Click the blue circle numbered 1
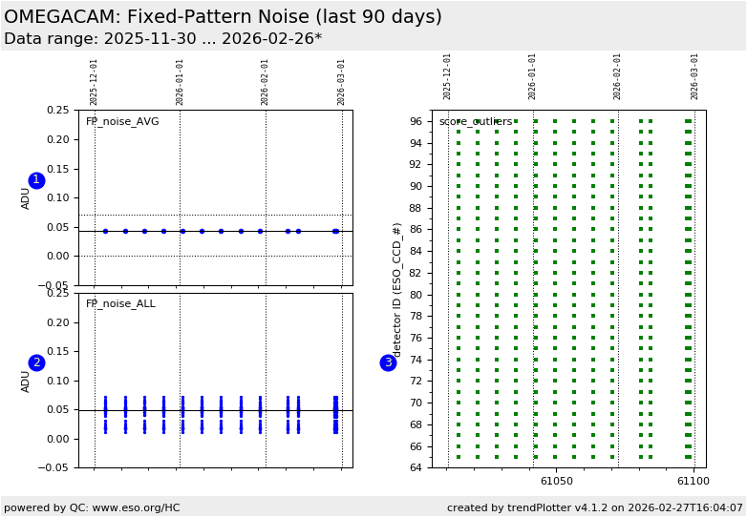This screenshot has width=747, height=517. (x=36, y=180)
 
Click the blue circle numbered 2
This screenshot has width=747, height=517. (x=36, y=362)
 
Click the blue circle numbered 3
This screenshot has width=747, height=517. (x=388, y=362)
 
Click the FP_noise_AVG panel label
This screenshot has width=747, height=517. (x=122, y=122)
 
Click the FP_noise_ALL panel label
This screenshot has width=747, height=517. (x=120, y=304)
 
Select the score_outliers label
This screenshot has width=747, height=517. (x=475, y=122)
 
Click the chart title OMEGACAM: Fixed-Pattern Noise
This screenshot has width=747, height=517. (x=223, y=17)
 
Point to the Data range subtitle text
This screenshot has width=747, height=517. (x=162, y=39)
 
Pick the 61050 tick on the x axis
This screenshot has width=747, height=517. (x=557, y=482)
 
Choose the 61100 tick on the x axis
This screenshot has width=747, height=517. (x=693, y=482)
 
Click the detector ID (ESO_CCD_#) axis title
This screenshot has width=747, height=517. (x=397, y=289)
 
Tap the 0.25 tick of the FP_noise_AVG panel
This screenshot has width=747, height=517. (x=57, y=110)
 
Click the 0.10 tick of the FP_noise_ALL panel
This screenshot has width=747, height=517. (x=57, y=381)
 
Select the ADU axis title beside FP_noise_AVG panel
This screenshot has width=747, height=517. (x=26, y=197)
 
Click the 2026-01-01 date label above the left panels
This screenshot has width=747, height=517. (x=180, y=82)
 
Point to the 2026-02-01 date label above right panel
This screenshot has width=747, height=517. (x=618, y=76)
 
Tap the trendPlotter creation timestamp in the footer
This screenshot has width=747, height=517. (x=595, y=507)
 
